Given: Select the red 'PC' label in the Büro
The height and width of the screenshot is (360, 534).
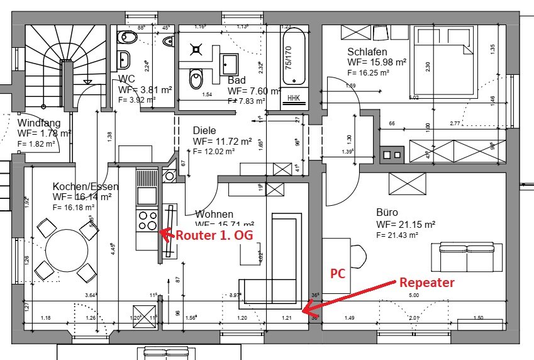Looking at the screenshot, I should [337, 274].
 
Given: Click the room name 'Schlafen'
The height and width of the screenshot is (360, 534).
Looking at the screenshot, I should [367, 52].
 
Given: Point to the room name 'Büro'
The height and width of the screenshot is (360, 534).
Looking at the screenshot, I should [387, 213].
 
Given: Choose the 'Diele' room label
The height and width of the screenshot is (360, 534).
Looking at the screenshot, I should [204, 131].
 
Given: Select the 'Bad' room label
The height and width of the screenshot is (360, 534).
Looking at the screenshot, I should [236, 80].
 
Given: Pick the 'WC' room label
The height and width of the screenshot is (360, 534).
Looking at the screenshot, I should [128, 79].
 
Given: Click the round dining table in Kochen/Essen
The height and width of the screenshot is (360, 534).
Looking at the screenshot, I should [66, 248].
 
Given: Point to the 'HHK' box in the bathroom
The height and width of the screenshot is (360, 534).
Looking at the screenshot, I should [294, 98].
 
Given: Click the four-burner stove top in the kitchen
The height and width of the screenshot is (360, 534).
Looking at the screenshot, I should [147, 220].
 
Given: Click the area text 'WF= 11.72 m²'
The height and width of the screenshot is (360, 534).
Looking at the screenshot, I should [223, 142].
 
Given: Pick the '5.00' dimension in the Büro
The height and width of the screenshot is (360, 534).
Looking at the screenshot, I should [413, 295].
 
